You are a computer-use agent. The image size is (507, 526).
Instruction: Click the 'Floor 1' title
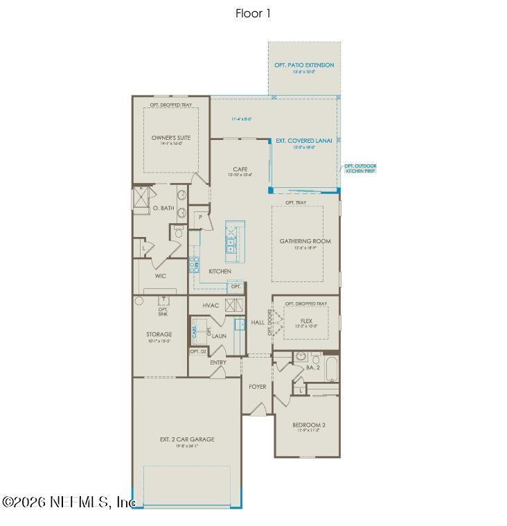pos(253,13)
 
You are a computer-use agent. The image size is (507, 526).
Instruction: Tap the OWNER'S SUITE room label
pos(170,138)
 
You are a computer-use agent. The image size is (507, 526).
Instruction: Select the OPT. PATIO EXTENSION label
pos(304,65)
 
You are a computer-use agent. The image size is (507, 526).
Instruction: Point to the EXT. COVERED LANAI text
pos(303,141)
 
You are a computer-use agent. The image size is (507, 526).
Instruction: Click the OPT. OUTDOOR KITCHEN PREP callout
pos(360,168)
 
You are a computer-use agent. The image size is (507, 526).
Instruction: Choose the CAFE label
pos(240,169)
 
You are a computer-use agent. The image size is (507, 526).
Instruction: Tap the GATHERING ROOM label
pos(305,241)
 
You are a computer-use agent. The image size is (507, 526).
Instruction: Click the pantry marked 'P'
pos(200,217)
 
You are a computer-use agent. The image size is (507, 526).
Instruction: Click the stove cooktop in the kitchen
pos(195,263)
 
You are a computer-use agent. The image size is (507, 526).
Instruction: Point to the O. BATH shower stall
pos(141,198)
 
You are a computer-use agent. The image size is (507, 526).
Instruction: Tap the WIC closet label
pos(160,275)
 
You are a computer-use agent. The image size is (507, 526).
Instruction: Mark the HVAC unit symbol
pos(233,305)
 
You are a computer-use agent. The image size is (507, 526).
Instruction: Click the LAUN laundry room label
pos(219,335)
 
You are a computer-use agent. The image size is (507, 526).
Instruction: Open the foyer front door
pos(257,411)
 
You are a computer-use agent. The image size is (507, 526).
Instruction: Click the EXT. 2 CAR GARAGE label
pos(186,439)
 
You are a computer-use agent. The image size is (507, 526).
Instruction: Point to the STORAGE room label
pos(159,334)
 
